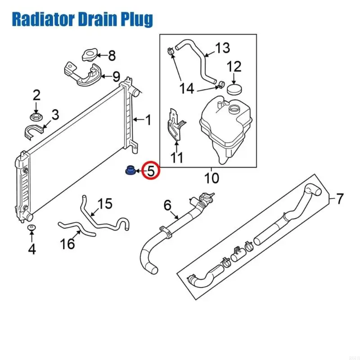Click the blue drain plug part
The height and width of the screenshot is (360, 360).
[x=130, y=171]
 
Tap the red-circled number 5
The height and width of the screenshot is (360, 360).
[x=151, y=171]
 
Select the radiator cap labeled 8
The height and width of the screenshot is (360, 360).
[x=89, y=55]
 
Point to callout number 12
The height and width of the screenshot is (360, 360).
[x=234, y=66]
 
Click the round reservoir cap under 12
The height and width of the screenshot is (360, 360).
[x=234, y=89]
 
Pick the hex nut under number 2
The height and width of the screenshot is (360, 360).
[x=36, y=117]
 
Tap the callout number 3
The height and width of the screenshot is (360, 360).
[x=55, y=114]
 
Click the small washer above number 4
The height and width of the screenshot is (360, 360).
[x=31, y=228]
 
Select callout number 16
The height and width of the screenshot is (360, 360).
[x=67, y=243]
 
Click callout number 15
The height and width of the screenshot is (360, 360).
[x=105, y=203]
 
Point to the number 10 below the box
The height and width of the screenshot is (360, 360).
[x=211, y=178]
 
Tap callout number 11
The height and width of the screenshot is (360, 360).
[x=176, y=157]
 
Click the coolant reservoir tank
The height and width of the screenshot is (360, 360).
[x=226, y=130]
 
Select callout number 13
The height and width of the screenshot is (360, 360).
[x=222, y=48]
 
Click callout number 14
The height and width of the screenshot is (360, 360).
[x=187, y=88]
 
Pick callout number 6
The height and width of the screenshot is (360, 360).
[x=167, y=205]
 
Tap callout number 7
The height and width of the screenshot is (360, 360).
[x=340, y=198]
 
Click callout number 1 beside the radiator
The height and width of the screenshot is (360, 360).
[x=148, y=120]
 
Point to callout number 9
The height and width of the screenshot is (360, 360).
[x=116, y=76]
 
